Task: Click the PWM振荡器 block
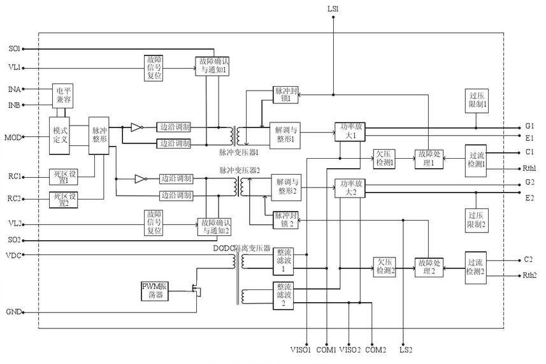[x=155, y=291]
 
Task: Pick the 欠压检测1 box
[x=385, y=159]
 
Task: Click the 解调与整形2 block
[x=287, y=187]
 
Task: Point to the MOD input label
[x=13, y=137]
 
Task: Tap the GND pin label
[x=13, y=312]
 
